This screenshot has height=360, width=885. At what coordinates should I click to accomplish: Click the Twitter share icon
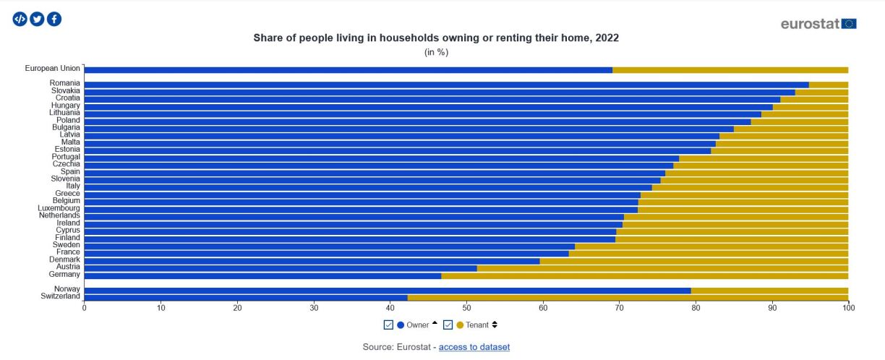click(37, 20)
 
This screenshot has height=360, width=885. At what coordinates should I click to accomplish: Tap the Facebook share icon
click(54, 20)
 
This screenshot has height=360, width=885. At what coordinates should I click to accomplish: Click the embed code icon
click(20, 20)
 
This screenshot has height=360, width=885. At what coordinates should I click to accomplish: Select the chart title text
click(436, 37)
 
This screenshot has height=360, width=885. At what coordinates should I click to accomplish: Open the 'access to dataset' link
click(474, 347)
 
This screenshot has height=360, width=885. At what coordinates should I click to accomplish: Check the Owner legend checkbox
click(388, 325)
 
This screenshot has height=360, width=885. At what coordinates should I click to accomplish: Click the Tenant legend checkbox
click(448, 325)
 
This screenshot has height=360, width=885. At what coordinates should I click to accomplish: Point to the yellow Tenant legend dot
click(460, 325)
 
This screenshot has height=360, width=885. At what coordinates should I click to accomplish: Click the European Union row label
click(52, 69)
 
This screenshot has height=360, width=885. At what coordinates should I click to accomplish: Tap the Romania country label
click(64, 83)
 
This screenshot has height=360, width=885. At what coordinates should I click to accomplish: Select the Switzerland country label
click(60, 296)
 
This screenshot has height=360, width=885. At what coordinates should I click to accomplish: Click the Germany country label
click(64, 275)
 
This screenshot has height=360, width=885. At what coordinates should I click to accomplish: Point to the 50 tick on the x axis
click(466, 307)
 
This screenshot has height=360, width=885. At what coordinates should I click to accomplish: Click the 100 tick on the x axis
click(848, 307)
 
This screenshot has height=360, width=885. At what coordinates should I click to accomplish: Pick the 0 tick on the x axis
click(85, 307)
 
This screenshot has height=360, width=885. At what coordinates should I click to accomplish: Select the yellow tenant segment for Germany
click(644, 275)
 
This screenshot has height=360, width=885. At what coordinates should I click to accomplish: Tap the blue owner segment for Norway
click(388, 290)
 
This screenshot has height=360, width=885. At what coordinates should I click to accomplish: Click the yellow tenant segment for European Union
click(730, 70)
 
